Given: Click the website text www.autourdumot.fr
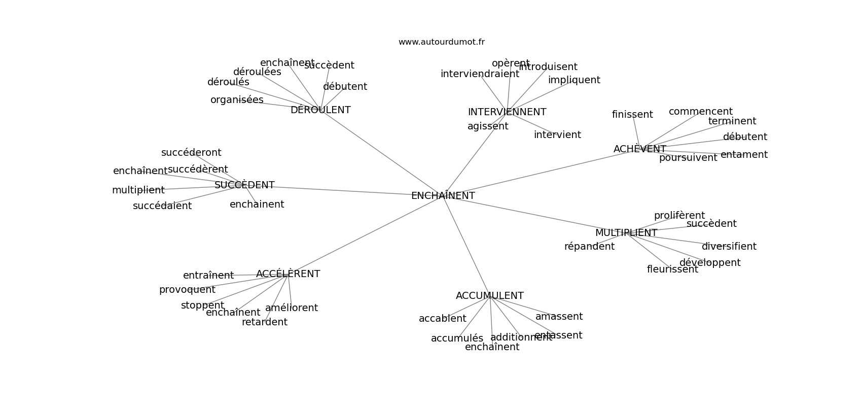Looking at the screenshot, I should pos(441,42).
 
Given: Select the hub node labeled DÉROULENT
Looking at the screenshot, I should pos(320,110).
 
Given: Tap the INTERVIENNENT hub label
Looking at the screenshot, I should pos(507,112).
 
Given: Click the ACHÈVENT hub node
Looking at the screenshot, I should pos(639,149).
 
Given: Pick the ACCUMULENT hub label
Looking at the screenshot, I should pos(489,296).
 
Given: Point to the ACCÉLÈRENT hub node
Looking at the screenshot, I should pos(288,274).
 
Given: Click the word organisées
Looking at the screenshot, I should pos(237,100).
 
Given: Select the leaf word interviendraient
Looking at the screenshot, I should pos(479,74).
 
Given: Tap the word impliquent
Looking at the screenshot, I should pos(573,80).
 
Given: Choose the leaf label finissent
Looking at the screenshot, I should pos(632,115).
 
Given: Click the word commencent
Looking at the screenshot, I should pos(700,112).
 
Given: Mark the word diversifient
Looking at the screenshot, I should pos(729,247).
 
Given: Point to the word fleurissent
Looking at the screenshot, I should pos(672,269).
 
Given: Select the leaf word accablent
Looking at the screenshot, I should pos(442,319).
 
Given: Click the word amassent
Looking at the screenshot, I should pos(559,317).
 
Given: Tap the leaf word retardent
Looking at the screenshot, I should pos(264,322).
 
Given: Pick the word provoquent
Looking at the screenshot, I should pos(187,290).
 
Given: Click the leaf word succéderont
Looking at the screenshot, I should pos(191,153).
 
